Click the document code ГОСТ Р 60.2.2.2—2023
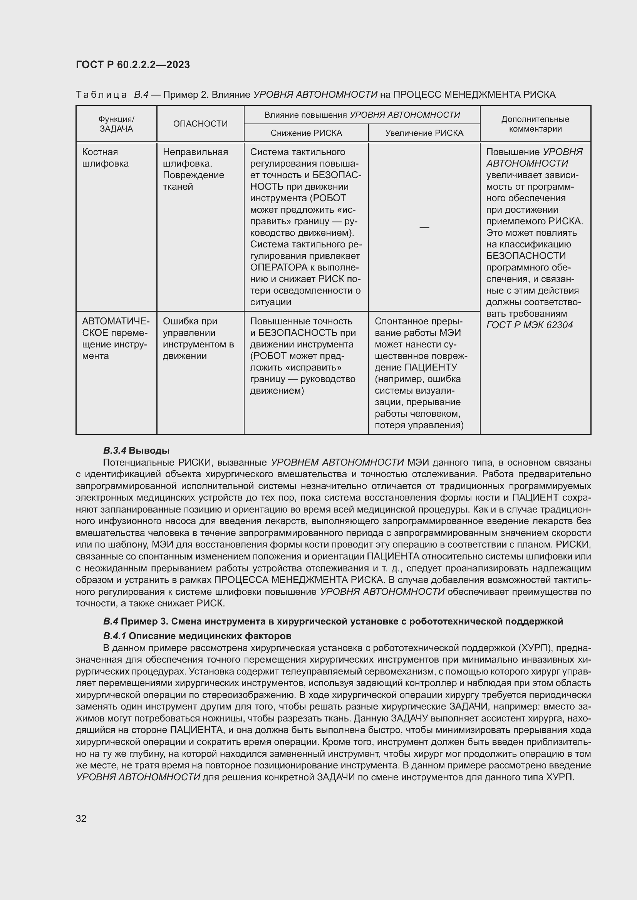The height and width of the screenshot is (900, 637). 132,65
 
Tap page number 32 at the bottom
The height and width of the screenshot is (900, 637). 81,818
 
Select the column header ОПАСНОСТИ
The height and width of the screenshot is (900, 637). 200,124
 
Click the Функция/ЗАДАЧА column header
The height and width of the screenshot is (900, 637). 116,124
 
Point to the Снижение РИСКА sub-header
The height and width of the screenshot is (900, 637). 306,133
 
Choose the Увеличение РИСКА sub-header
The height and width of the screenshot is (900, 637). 424,133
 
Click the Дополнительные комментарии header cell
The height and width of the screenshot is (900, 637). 535,124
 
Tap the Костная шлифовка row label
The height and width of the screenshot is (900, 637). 105,158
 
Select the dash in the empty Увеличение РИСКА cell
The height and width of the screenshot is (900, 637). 424,227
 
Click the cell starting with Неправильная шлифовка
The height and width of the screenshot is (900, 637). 195,169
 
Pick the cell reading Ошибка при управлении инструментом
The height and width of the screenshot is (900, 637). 198,338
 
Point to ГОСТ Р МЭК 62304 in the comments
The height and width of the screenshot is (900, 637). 529,325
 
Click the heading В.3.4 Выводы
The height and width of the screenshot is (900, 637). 136,451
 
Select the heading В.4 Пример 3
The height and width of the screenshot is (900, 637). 333,621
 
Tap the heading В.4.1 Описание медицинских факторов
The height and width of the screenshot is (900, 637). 197,635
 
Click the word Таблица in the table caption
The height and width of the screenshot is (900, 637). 101,95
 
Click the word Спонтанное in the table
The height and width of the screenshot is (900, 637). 399,321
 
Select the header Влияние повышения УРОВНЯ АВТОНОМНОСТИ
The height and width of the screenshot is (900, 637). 362,115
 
